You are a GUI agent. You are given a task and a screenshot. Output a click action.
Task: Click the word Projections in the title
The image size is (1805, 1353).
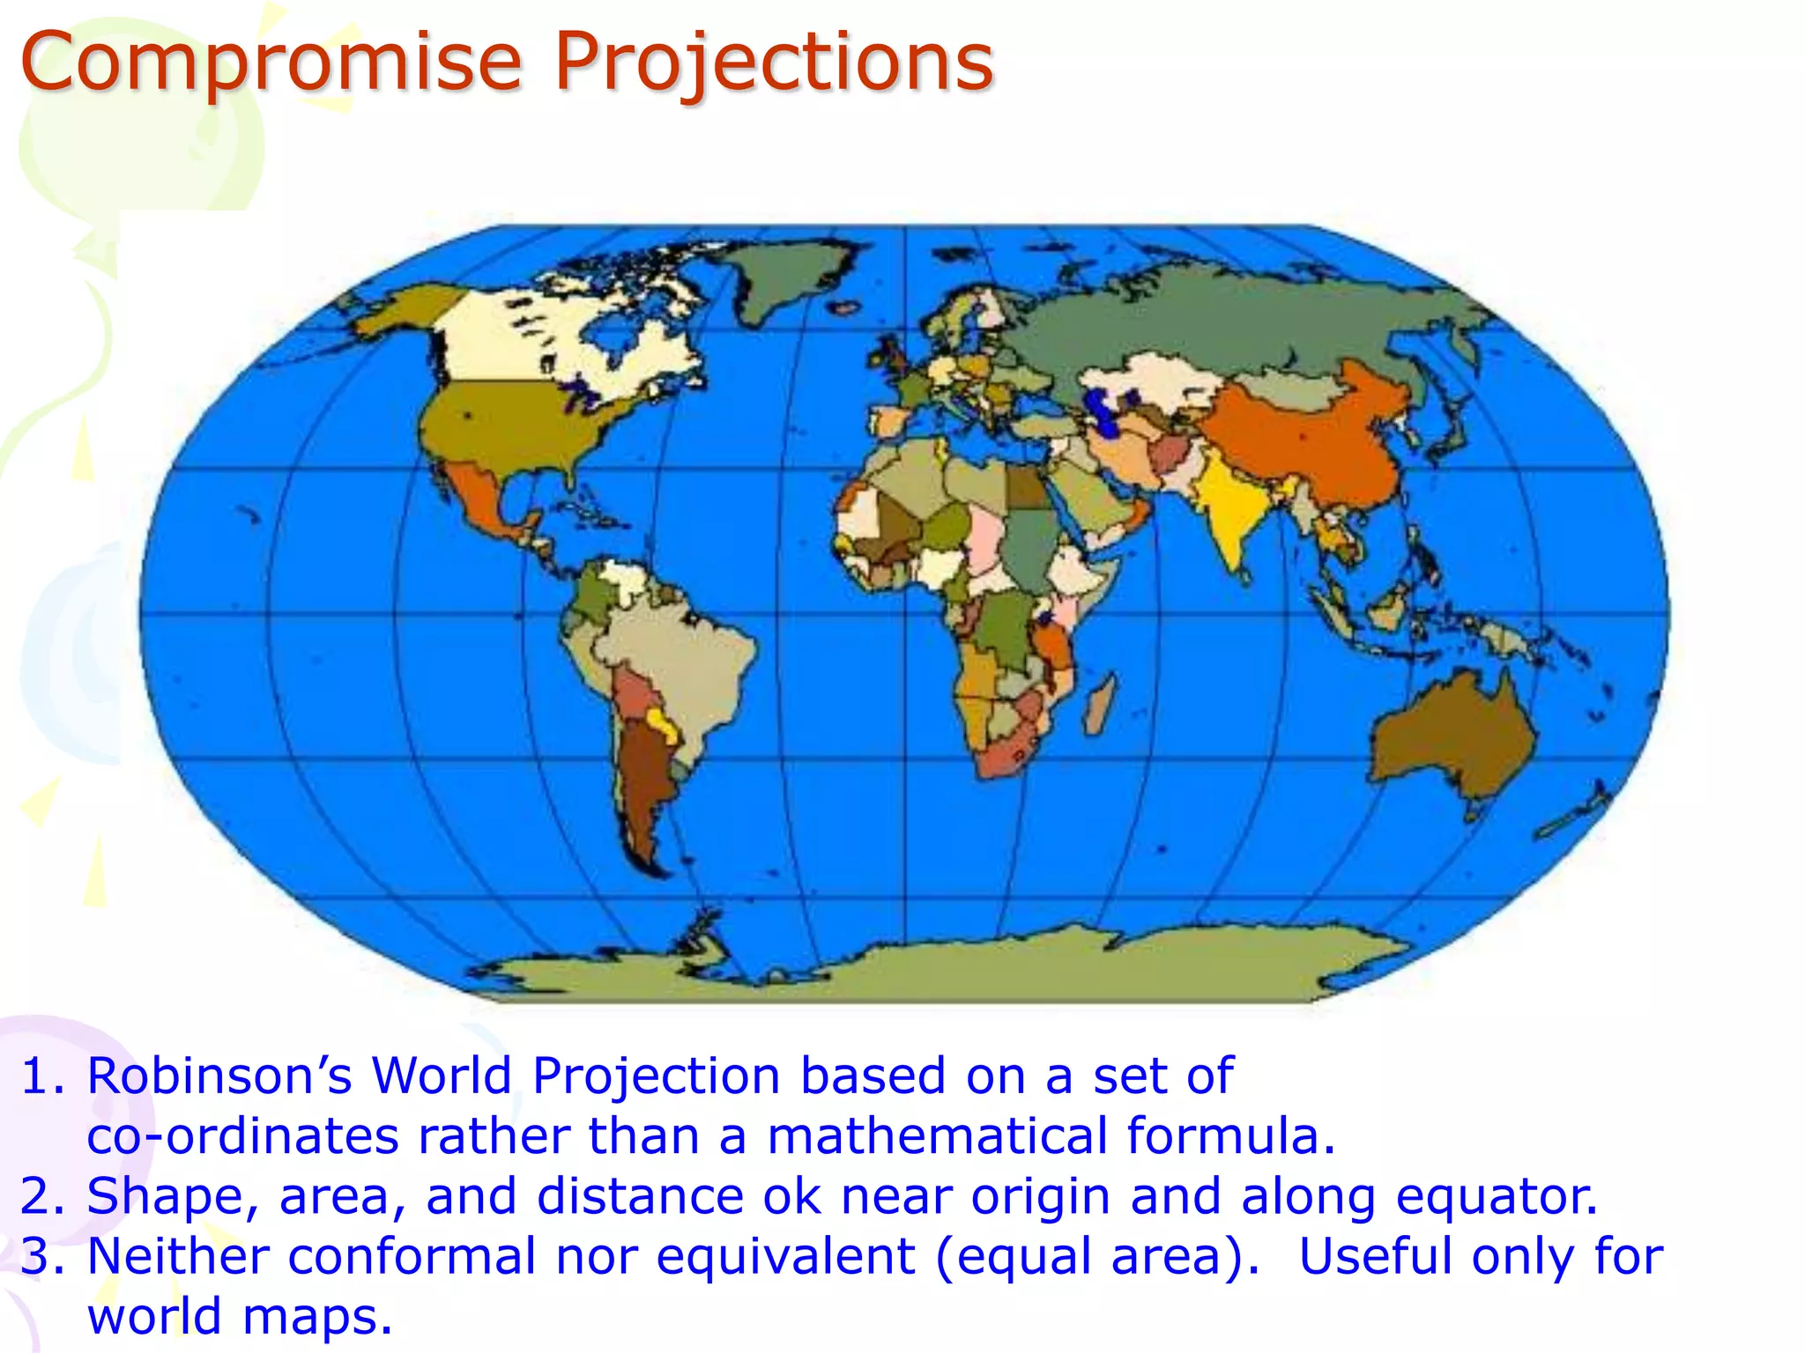coord(774,63)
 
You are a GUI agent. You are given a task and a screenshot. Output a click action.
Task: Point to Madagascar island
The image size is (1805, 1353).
coord(1099,705)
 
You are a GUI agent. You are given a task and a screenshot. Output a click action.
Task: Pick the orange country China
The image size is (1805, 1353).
coord(1313,440)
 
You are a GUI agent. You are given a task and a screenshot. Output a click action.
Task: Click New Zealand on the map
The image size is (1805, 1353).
coord(1578,815)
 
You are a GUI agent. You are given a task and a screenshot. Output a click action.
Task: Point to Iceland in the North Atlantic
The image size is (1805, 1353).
coord(844,307)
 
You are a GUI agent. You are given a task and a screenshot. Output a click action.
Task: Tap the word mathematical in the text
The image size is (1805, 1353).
coord(937,1136)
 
